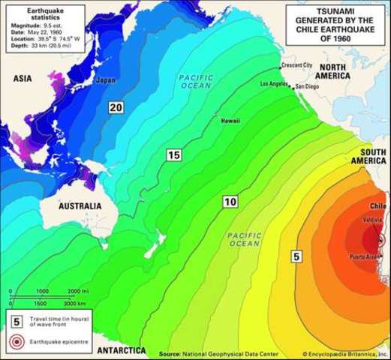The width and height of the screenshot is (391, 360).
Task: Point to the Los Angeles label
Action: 274,84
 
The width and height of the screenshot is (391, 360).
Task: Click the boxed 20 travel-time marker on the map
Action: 116,108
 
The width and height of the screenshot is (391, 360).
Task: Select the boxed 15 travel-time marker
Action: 174,155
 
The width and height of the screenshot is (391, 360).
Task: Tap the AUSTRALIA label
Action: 80,205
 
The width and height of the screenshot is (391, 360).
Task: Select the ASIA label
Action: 26,78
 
